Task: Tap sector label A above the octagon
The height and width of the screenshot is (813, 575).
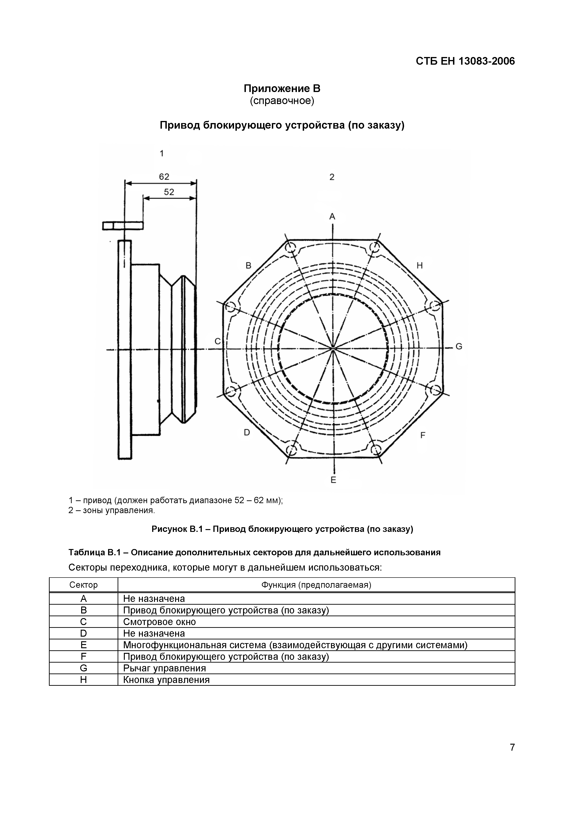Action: (332, 216)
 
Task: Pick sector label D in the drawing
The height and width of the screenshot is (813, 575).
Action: (247, 432)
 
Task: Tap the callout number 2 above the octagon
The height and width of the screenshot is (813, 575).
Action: (332, 177)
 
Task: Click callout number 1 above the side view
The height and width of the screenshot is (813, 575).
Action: (162, 153)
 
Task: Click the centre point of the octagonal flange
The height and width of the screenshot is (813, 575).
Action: (333, 349)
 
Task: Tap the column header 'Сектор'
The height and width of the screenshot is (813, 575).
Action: (83, 585)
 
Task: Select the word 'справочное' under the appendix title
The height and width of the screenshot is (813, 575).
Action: (282, 101)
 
